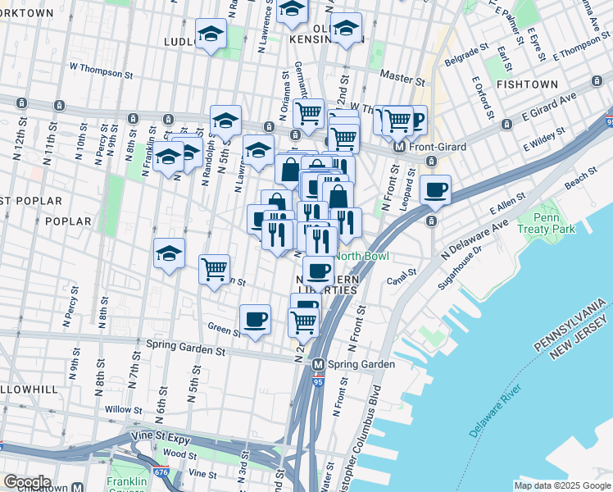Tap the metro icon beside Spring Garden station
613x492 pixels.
click(317, 364)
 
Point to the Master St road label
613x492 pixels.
click(402, 80)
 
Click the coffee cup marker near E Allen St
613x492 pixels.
click(435, 189)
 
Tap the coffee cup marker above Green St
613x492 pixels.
click(255, 319)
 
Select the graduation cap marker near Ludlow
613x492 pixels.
click(211, 34)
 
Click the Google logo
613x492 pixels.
click(27, 482)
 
